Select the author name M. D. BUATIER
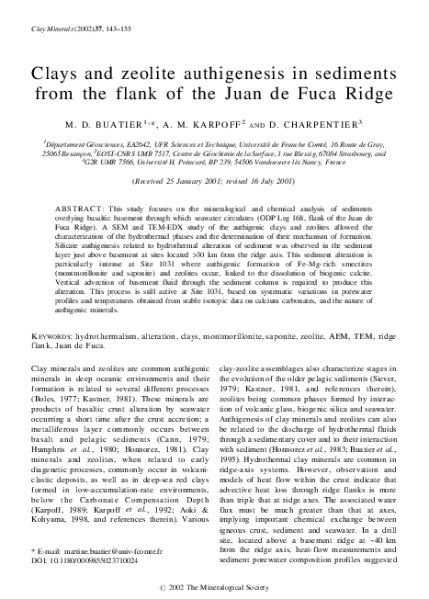tap(104, 121)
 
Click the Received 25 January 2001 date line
tap(214, 182)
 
